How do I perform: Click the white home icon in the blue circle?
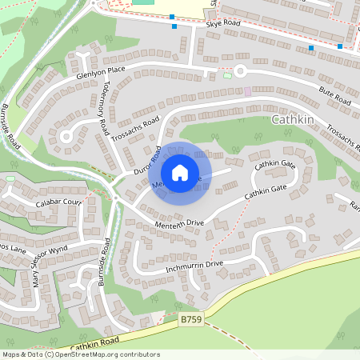tap(180, 172)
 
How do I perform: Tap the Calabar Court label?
tap(59, 203)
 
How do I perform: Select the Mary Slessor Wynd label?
tap(48, 267)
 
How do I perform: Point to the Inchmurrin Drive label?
tap(193, 264)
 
